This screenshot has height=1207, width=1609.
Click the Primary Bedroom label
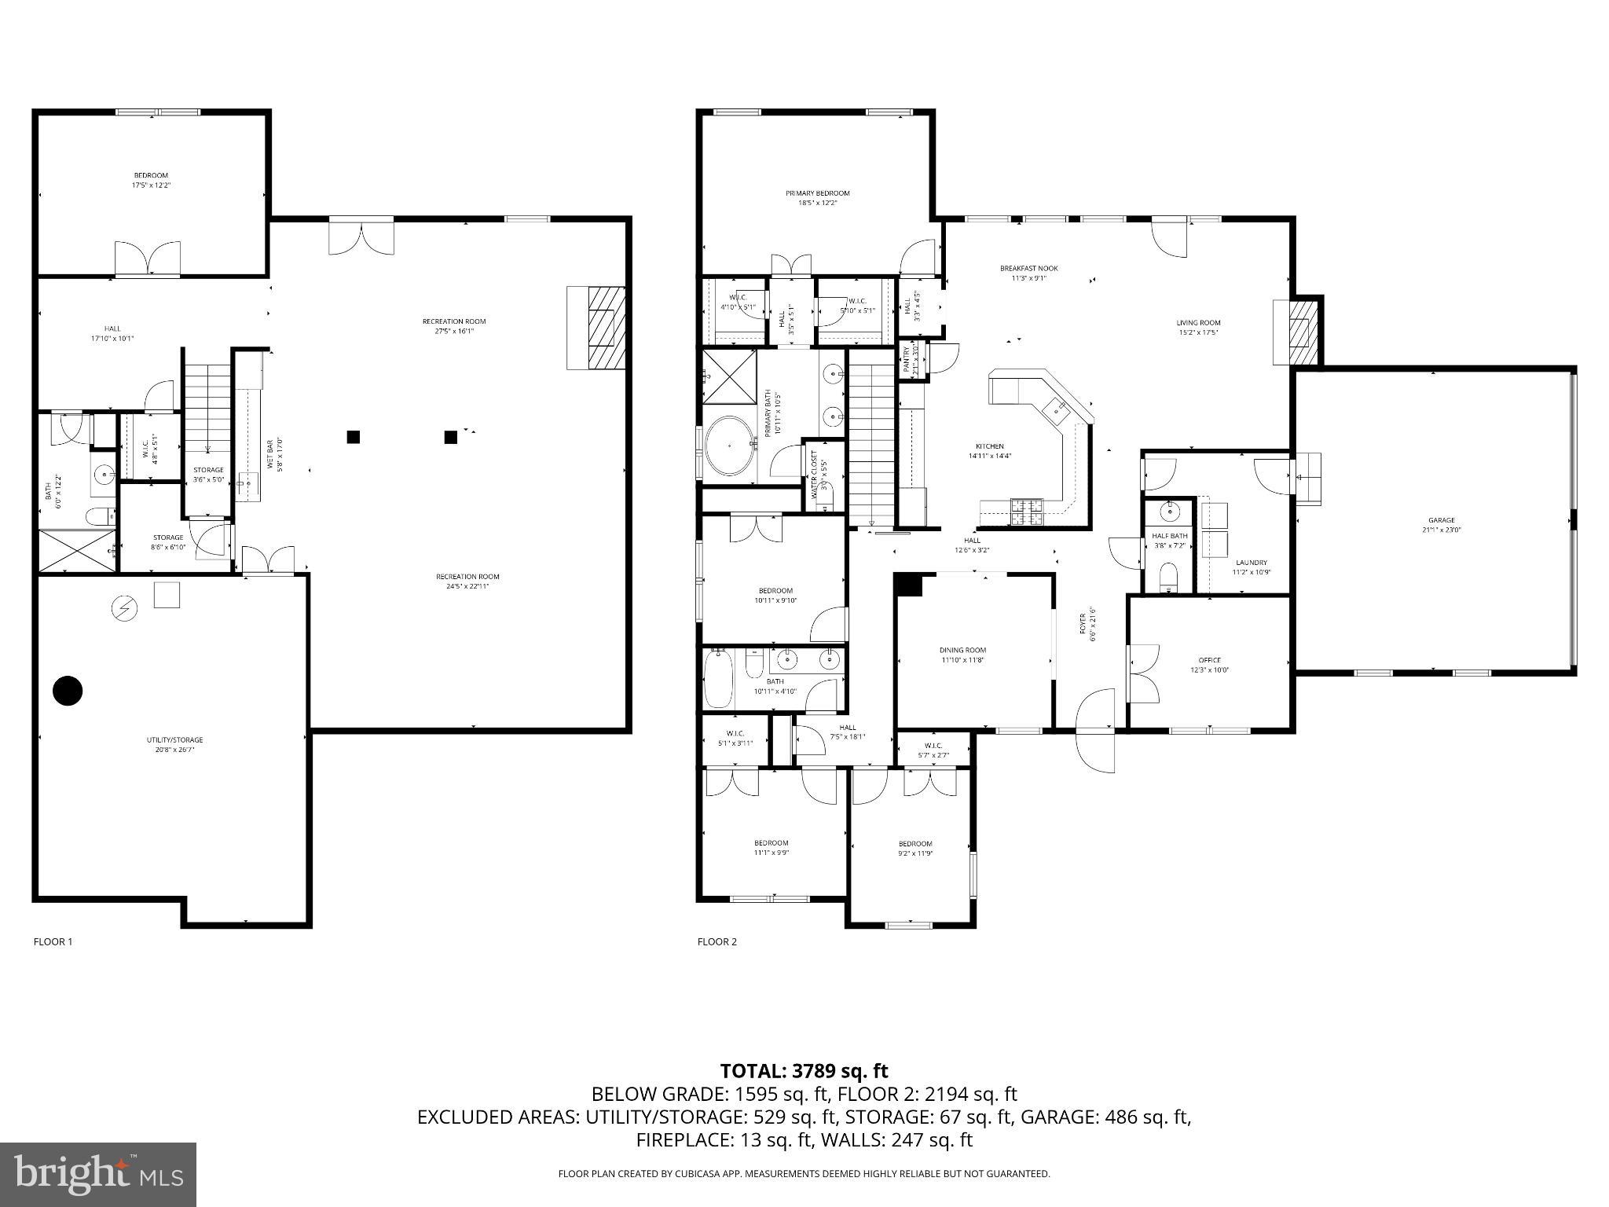(x=817, y=197)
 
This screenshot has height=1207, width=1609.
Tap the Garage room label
(x=1441, y=524)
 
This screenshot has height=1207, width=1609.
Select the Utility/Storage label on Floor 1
(x=174, y=744)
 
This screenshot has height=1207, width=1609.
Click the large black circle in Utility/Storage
(x=68, y=691)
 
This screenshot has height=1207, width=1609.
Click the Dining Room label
(x=962, y=655)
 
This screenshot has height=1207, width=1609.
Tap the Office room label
(x=1209, y=665)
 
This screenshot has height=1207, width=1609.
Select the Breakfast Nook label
(x=1023, y=273)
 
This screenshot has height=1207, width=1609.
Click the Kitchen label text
(x=989, y=450)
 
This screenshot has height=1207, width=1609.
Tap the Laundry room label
(x=1251, y=567)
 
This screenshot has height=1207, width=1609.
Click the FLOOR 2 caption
(x=717, y=941)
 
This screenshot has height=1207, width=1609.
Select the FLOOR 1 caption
(x=53, y=941)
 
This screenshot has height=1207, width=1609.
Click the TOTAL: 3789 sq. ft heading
(x=804, y=1070)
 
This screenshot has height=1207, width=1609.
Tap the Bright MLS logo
(x=98, y=1174)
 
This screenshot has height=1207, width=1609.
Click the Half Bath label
(x=1170, y=540)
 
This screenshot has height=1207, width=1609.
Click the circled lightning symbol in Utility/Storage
(x=125, y=607)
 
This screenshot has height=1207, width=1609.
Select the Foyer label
(x=1086, y=626)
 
